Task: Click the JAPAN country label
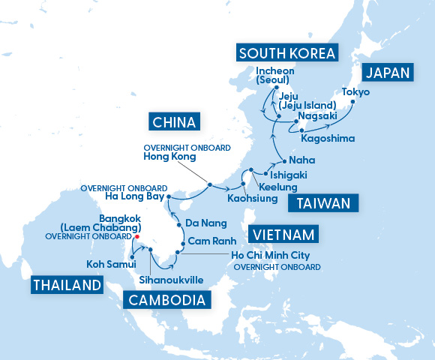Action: pos(388,73)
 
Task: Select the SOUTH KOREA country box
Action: pos(286,52)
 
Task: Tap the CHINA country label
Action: pos(174,121)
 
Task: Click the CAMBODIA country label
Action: pos(166,300)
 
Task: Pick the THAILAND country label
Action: pos(67,285)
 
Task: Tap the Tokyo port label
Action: pos(355,92)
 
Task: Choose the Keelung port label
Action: pos(277,187)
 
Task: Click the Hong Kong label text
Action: pos(169,157)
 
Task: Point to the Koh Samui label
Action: pos(110,264)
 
